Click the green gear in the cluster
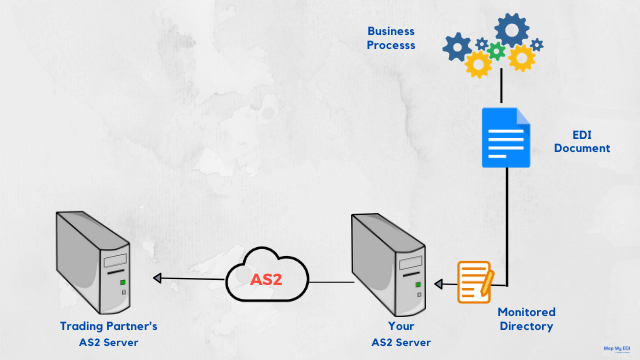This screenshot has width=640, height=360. point(495,51)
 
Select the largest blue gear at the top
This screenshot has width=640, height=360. point(512,30)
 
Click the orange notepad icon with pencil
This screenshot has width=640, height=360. point(475,281)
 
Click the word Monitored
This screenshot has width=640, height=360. point(526,311)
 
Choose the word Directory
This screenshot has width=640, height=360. point(526,326)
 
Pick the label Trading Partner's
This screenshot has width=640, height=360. point(108,326)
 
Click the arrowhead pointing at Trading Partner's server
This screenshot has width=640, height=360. point(156,279)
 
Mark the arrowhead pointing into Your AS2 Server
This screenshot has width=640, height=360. point(438,280)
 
